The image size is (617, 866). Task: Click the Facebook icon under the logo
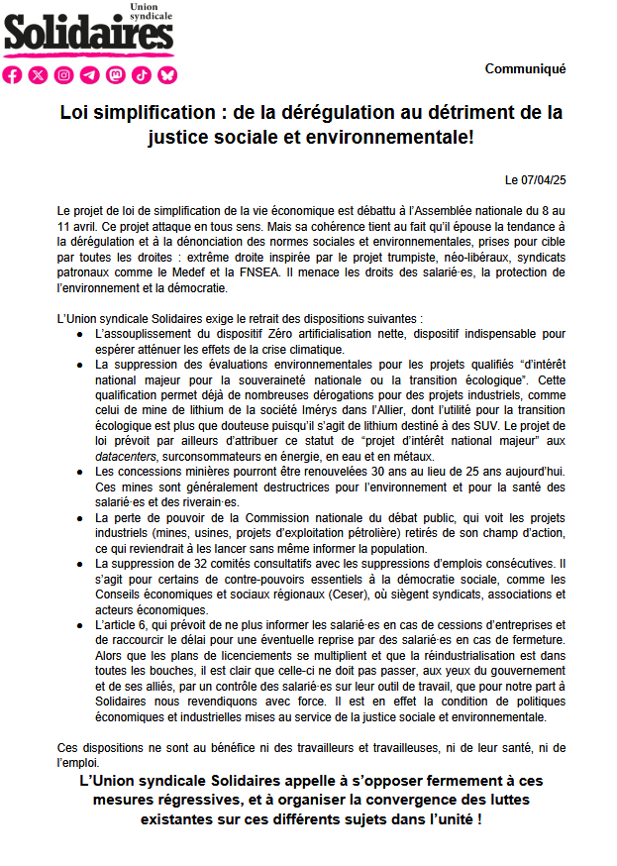[13, 75]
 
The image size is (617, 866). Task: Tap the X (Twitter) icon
[39, 75]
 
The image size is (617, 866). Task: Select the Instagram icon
[64, 75]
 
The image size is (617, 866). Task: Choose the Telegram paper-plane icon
[90, 75]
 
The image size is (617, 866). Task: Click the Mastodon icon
[116, 75]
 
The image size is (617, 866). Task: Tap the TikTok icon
[142, 75]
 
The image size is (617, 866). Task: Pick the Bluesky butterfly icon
[167, 75]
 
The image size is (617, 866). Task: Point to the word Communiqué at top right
[525, 69]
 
